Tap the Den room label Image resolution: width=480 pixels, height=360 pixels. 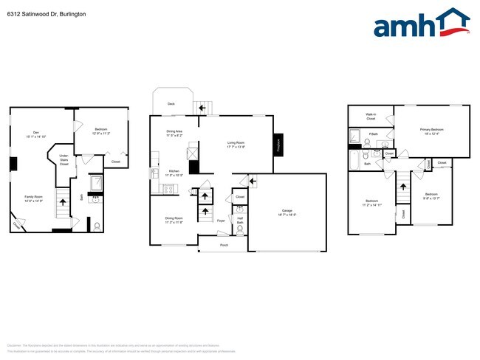[x=35, y=134]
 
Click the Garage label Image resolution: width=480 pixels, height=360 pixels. [x=287, y=212]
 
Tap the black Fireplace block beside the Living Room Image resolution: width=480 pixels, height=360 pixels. [x=278, y=145]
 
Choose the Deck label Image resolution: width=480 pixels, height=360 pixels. [x=171, y=104]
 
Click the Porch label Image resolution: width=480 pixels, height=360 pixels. [x=224, y=245]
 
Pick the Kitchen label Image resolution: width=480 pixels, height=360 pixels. [x=174, y=173]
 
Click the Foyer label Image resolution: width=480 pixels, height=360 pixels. [x=221, y=220]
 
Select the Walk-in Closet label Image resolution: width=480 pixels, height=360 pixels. [x=371, y=116]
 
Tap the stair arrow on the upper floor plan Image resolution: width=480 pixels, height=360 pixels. [x=402, y=187]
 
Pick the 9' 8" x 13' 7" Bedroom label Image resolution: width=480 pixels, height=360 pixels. [x=431, y=197]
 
